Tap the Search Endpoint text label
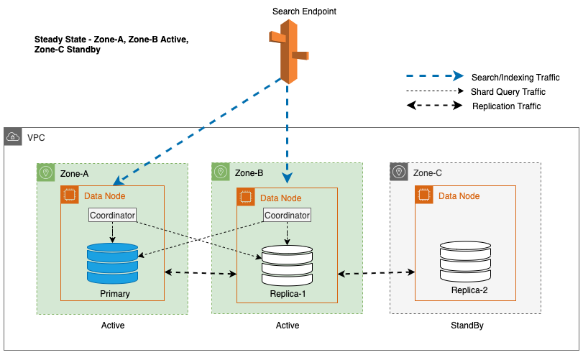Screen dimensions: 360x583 (x=304, y=11)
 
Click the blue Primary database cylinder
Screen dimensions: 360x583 (x=111, y=262)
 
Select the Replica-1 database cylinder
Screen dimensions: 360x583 (x=287, y=265)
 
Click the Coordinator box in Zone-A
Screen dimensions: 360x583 (x=112, y=214)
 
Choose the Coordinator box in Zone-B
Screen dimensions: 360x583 (x=288, y=215)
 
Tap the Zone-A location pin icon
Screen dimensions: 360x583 (x=46, y=172)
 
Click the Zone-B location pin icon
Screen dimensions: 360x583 (x=221, y=172)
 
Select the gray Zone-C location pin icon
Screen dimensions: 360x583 (x=399, y=172)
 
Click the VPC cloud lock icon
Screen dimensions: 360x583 (x=14, y=137)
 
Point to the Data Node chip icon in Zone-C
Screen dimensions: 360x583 (x=424, y=195)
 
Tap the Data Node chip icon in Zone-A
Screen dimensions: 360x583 (x=70, y=195)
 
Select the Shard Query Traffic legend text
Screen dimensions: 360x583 (x=508, y=92)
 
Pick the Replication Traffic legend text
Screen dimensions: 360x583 (x=506, y=106)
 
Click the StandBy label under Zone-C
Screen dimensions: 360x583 (x=464, y=326)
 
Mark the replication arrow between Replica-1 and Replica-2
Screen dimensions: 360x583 (x=377, y=273)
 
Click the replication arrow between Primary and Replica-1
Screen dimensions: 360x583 (x=201, y=272)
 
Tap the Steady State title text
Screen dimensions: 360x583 (x=111, y=45)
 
